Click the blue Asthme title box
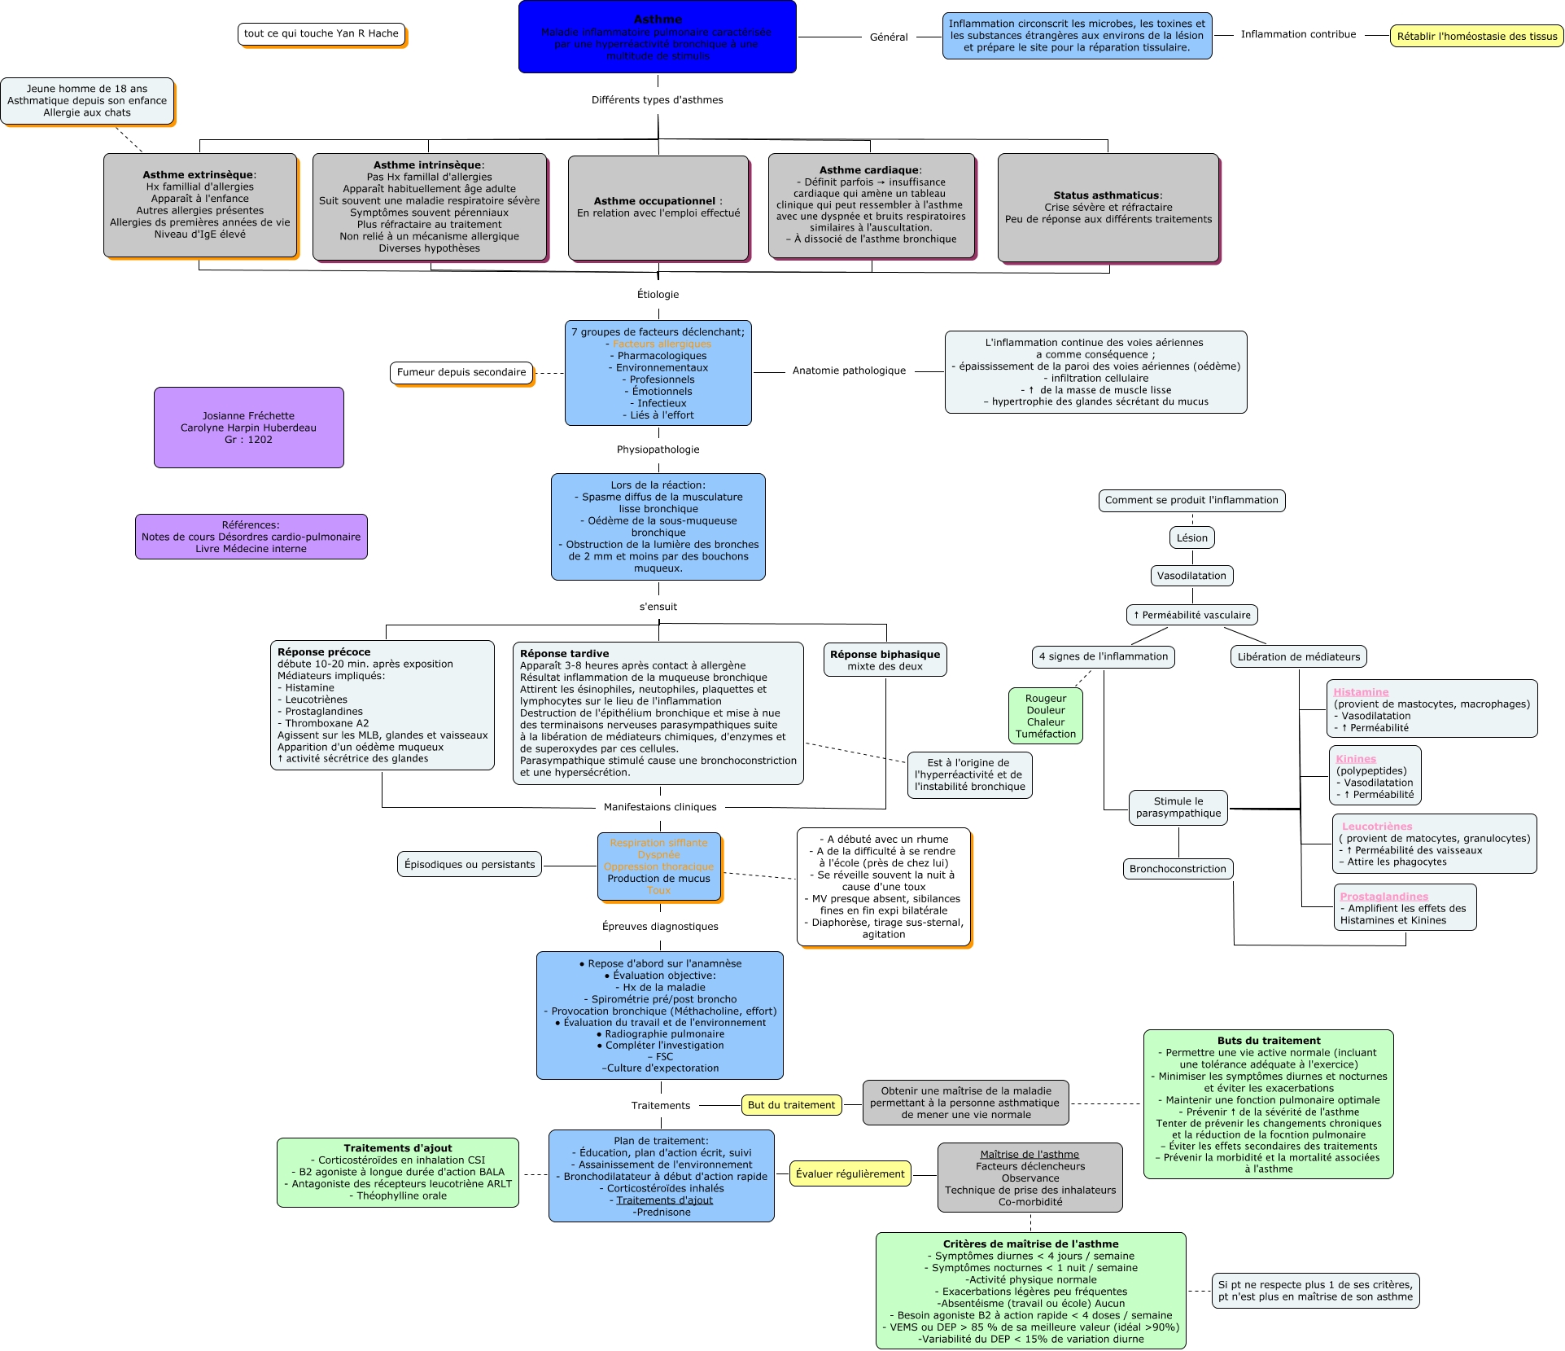657,37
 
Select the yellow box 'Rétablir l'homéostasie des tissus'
1476,37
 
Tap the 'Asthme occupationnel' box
658,208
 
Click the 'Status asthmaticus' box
1108,208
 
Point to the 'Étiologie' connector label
658,295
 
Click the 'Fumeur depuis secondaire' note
461,373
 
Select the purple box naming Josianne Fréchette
248,428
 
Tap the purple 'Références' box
251,537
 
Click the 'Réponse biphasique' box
885,660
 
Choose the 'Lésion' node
1191,537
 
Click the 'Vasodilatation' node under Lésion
1191,576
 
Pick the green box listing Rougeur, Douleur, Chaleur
1046,716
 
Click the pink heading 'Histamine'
1361,692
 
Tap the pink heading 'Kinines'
1356,759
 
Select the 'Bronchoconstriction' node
1178,869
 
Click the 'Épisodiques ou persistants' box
470,865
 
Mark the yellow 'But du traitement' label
791,1105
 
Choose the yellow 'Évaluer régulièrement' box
850,1173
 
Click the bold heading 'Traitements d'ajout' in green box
397,1148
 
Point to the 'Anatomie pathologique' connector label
849,371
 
